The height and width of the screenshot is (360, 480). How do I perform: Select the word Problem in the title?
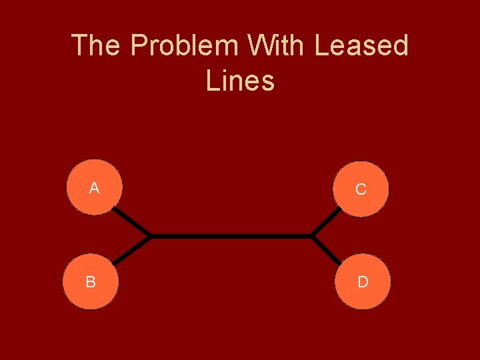click(x=185, y=46)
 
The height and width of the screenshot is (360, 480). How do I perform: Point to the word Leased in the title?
click(x=361, y=46)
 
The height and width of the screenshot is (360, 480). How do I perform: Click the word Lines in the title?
click(x=240, y=81)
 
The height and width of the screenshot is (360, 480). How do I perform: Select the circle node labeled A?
click(x=95, y=187)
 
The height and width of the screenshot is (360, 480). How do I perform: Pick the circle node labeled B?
click(x=91, y=281)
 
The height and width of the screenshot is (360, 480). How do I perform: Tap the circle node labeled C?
click(x=361, y=189)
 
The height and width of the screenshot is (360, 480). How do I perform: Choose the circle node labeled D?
click(x=362, y=281)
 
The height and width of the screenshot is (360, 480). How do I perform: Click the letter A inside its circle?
click(x=95, y=189)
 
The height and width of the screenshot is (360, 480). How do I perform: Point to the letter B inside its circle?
click(x=91, y=282)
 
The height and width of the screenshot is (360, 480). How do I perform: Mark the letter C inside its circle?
click(x=361, y=190)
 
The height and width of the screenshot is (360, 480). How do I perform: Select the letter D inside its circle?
click(x=363, y=282)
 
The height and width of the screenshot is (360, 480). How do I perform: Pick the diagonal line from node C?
click(x=327, y=222)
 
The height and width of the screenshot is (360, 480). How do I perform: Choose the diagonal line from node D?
click(x=327, y=250)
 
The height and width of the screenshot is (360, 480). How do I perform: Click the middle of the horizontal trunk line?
click(x=231, y=236)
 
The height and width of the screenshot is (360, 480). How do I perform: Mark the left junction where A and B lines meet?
click(x=150, y=236)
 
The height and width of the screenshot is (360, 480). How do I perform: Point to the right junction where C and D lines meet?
click(x=313, y=236)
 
